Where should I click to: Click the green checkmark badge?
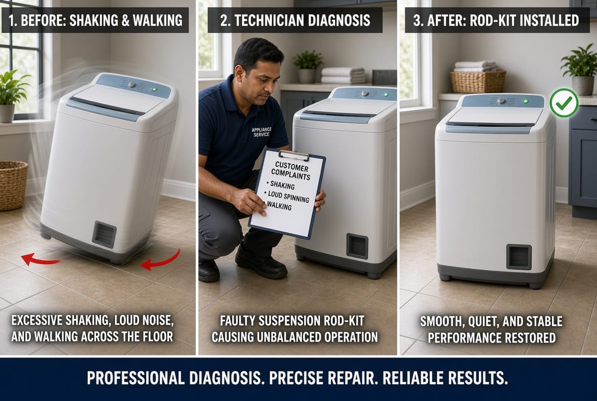tap(564, 102)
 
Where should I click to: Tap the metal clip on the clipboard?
tap(293, 155)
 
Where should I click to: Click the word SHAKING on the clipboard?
tap(282, 186)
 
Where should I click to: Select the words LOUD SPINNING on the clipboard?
tap(288, 197)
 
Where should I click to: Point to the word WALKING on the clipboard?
tap(279, 206)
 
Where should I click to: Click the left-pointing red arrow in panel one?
tap(39, 260)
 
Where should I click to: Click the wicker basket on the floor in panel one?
tap(13, 185)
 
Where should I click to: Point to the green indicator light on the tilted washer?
tap(154, 90)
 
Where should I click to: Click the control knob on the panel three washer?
tap(501, 101)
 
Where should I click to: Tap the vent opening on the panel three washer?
tap(519, 257)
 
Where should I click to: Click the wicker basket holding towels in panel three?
tap(478, 81)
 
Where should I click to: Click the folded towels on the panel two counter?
tap(343, 75)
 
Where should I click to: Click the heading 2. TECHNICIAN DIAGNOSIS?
tap(295, 20)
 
